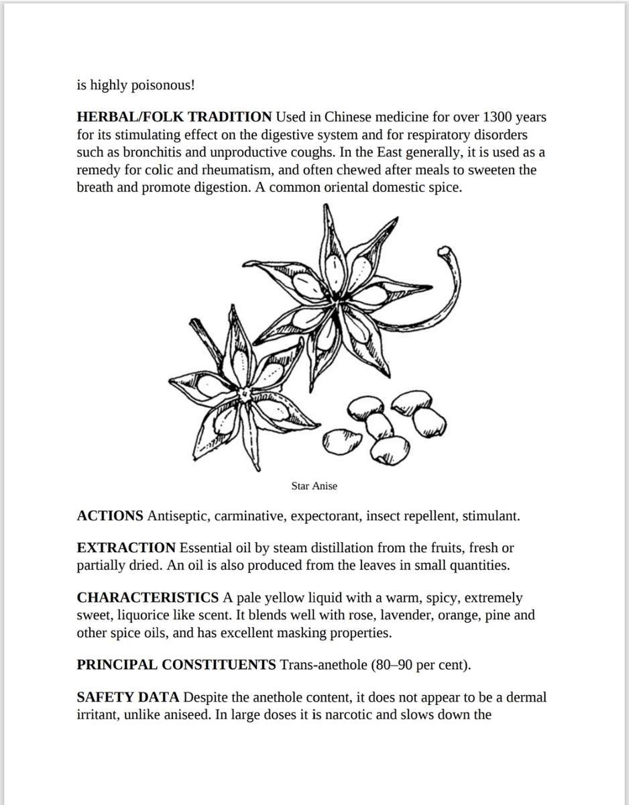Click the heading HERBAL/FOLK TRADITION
tap(174, 117)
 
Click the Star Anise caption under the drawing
tap(314, 486)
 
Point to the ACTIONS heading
tap(110, 517)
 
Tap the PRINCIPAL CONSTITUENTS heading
tap(176, 665)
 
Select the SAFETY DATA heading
tap(128, 698)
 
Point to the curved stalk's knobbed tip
tap(443, 252)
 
